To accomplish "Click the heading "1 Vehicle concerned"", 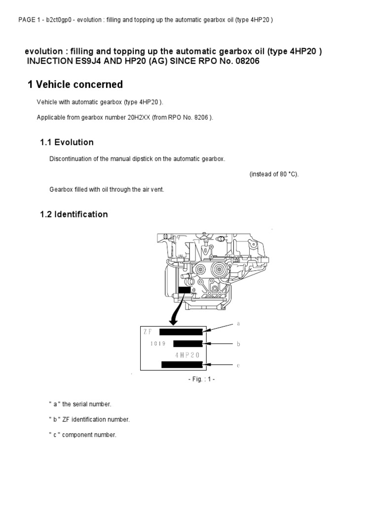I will coord(75,84).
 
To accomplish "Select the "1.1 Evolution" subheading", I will coord(67,142).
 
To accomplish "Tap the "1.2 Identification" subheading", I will coord(74,214).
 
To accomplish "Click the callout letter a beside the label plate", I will coord(238,324).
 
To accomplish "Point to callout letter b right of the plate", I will coord(238,343).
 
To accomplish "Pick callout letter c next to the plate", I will coord(238,365).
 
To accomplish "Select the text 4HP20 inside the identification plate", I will coord(188,355).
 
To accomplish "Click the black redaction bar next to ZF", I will coord(181,332).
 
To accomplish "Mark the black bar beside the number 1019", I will coord(188,343).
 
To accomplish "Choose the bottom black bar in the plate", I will coord(182,365).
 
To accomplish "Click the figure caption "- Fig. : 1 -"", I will coord(202,379).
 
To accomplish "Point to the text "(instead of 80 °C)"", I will coord(274,174).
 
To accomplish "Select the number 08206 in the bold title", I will coord(241,61).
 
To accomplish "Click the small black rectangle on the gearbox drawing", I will coord(185,290).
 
